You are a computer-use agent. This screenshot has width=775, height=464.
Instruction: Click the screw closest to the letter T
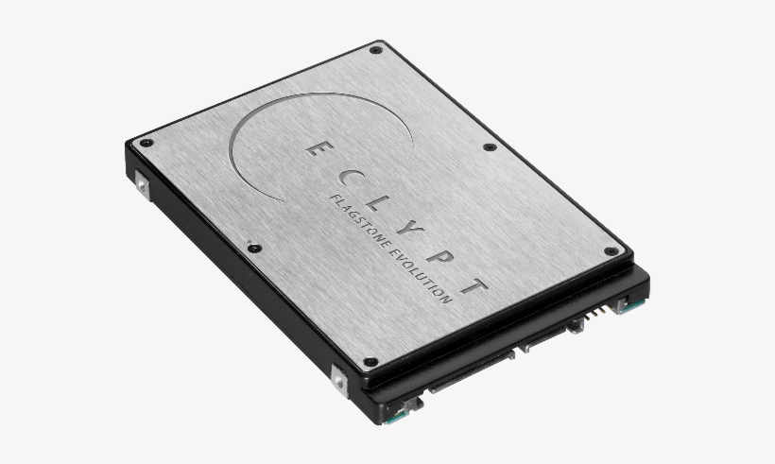(611, 251)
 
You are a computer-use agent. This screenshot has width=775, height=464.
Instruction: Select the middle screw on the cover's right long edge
(489, 147)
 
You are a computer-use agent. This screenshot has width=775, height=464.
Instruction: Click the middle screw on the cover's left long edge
(252, 248)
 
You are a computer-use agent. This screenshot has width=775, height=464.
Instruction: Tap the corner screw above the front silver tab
(370, 360)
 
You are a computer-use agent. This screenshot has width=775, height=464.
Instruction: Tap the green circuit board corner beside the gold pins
(625, 303)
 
